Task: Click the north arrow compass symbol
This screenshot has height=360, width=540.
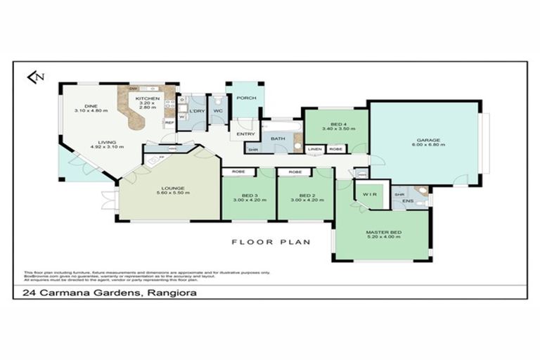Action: point(34,77)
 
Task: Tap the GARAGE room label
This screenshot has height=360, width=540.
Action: point(423,140)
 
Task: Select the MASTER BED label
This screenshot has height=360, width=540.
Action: point(382,232)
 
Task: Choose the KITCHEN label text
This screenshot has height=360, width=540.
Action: point(148,98)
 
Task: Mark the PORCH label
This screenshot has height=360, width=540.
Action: point(245,98)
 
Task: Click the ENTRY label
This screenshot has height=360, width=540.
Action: point(246,134)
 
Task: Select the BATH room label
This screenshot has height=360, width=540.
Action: point(277,139)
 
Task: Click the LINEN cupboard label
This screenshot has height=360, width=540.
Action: point(314,150)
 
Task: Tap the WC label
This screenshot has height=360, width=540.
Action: point(218,110)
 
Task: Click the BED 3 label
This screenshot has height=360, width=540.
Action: point(247,195)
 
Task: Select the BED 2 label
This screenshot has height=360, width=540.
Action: point(304,195)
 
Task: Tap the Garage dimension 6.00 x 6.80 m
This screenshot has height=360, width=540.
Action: point(423,145)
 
